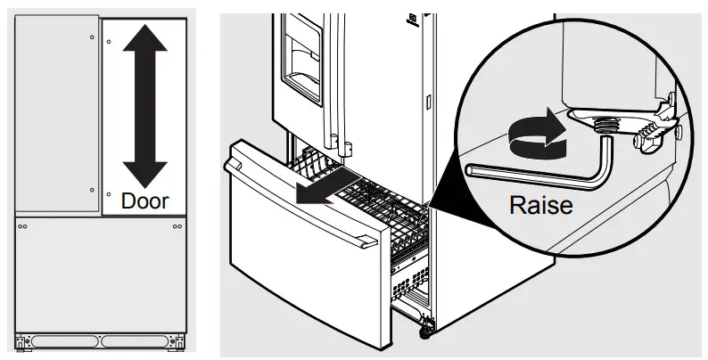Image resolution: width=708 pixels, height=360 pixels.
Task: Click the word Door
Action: click(144, 200)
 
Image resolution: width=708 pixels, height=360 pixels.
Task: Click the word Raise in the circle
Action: click(539, 205)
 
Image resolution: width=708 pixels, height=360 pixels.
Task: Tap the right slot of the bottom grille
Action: click(139, 340)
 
